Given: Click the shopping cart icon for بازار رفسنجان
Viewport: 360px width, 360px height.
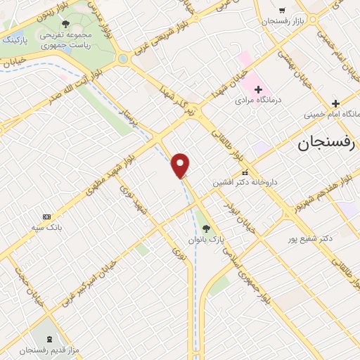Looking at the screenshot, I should [282, 11].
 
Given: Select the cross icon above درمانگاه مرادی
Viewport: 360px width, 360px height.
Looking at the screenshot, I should [258, 89].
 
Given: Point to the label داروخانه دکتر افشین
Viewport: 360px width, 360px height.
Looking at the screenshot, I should [245, 181].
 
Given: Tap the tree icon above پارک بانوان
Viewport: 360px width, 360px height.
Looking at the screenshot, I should [205, 228].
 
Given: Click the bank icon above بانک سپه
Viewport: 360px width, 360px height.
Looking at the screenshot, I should [46, 217].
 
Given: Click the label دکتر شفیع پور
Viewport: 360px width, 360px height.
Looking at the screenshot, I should [309, 239].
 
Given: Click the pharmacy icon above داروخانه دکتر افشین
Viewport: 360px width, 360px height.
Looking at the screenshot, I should [245, 172].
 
